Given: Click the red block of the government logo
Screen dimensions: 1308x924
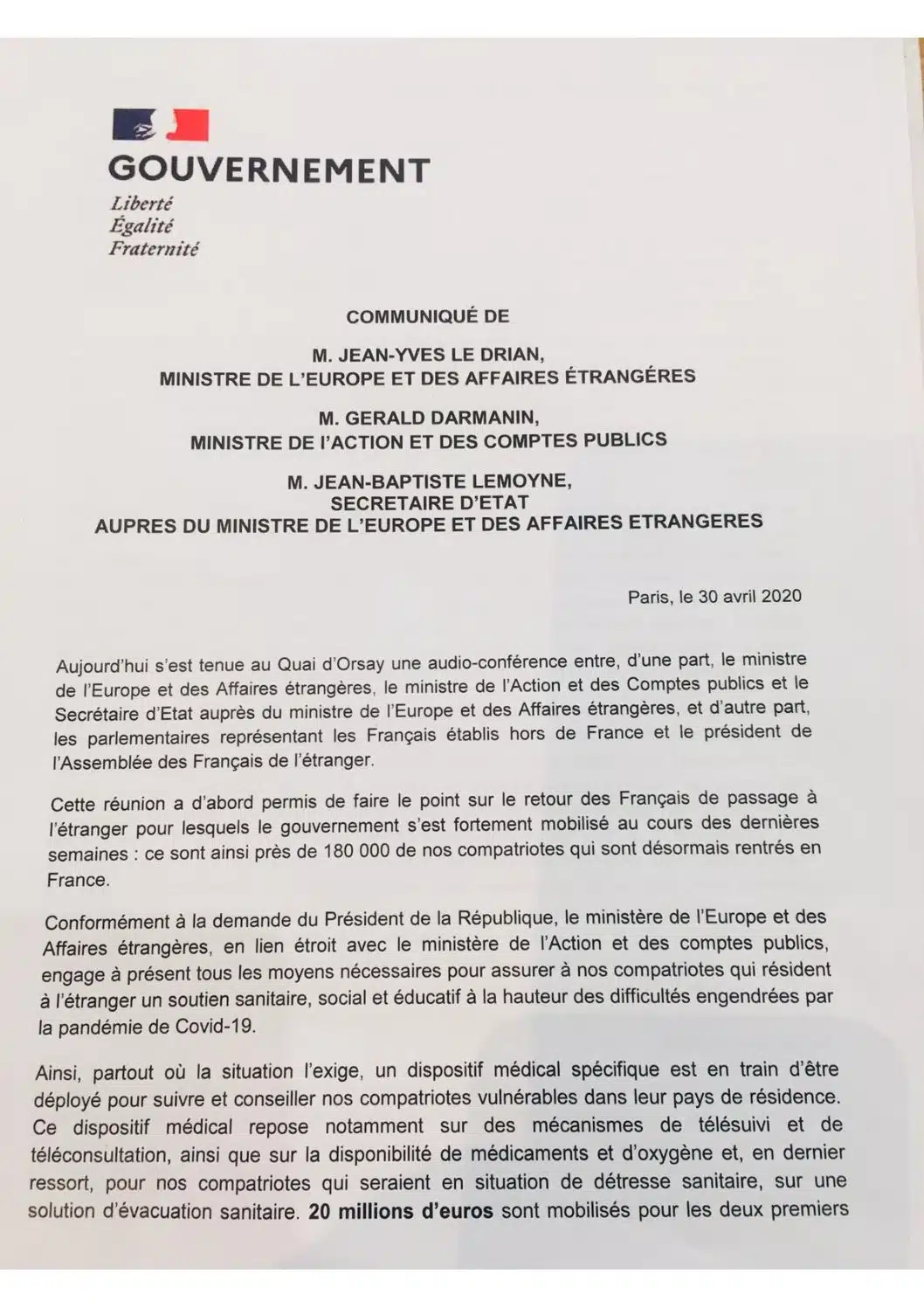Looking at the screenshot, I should point(190,125).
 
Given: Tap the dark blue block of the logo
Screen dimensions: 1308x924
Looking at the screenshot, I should point(134,125).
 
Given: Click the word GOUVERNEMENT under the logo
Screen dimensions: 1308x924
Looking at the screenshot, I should point(269,170).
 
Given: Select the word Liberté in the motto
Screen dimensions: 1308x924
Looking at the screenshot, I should point(141,204).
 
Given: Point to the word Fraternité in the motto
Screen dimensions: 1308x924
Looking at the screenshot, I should point(154,249).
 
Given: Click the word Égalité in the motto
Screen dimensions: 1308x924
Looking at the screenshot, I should point(141,226).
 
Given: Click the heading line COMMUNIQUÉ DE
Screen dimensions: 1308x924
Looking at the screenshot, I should point(428,316).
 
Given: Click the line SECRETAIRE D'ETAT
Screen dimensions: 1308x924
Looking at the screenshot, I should point(430,502).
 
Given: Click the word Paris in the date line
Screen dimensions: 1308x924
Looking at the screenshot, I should point(649,598).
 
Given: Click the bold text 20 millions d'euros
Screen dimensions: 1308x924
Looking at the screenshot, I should point(401,1211).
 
